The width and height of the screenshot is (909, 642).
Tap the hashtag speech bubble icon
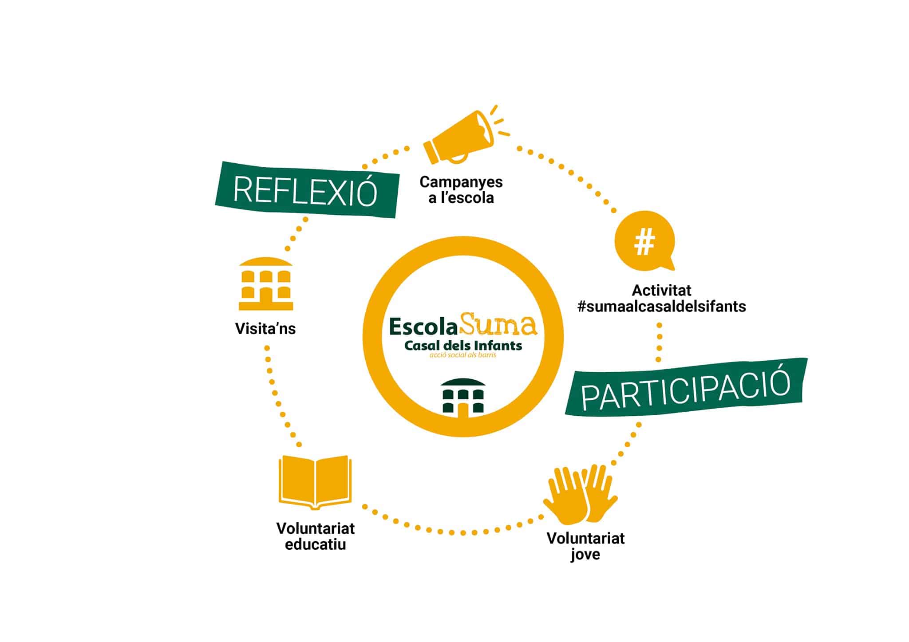coord(644,242)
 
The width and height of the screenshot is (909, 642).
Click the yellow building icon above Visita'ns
coord(266,284)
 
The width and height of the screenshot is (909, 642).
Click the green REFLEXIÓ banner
coord(306,190)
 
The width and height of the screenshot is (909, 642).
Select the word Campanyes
coord(461,182)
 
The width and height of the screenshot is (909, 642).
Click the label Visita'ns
coord(265,329)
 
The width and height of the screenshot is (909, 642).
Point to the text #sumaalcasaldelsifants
coord(661,306)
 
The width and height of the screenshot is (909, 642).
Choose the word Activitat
coord(661,290)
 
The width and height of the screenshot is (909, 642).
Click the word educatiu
coord(315,544)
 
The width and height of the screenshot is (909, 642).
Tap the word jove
coord(585,555)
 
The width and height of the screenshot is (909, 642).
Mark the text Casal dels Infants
coord(463,345)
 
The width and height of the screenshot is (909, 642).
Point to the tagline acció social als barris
coord(462,355)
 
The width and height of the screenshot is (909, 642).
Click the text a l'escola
coord(461,198)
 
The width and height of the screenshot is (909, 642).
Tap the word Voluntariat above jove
coord(585,538)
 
